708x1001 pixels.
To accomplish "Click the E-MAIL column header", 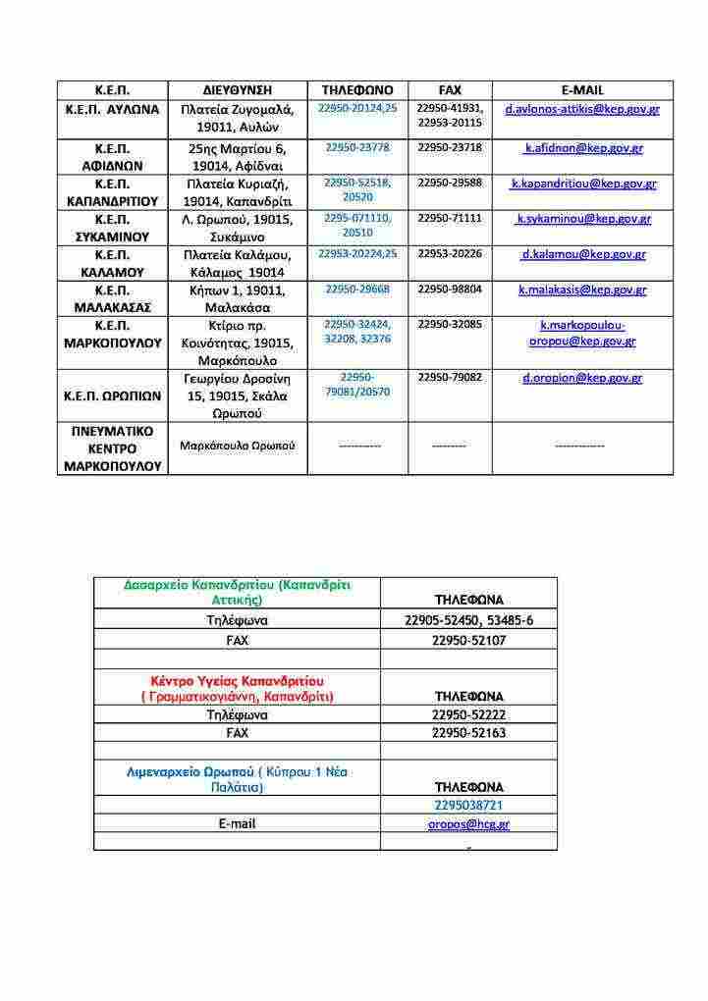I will [582, 90].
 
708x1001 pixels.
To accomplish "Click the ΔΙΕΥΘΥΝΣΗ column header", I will [238, 90].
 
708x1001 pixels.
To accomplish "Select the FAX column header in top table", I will [450, 90].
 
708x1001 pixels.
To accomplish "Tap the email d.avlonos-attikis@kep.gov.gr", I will [582, 109].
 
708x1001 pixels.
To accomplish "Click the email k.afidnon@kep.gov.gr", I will [583, 148].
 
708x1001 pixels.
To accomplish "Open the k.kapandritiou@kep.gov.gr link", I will [583, 184].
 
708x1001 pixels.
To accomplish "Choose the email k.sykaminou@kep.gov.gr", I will [583, 219].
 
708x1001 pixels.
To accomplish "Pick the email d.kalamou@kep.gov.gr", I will [583, 254].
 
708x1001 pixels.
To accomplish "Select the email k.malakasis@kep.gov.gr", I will [583, 290].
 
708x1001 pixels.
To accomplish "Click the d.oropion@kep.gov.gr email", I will [582, 377].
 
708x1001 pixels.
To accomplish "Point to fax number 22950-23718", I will [450, 147].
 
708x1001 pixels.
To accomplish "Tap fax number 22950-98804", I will [450, 290].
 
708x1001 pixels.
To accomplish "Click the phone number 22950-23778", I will [357, 147].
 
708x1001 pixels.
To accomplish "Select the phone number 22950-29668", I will [357, 290].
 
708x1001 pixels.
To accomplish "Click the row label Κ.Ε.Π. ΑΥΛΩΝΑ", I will [112, 109].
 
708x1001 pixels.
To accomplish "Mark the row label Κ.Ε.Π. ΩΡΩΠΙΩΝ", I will [112, 395].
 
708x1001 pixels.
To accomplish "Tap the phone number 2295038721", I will [468, 806].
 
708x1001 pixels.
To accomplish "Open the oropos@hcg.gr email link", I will [468, 824].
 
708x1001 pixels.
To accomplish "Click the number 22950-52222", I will [468, 715].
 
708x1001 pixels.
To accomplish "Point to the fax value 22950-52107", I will [468, 641].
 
